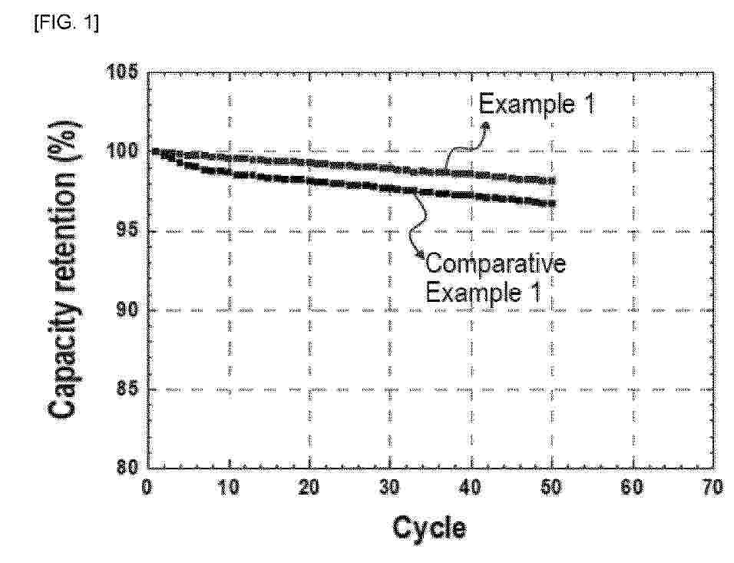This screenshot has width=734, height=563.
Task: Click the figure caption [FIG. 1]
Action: (x=66, y=22)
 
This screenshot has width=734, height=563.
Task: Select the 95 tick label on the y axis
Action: (x=128, y=230)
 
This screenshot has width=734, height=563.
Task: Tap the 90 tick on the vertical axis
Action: (x=128, y=310)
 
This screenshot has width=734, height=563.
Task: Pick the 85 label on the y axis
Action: (x=128, y=389)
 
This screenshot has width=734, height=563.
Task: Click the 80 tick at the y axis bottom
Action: (x=128, y=467)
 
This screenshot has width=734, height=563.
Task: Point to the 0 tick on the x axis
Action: (x=147, y=487)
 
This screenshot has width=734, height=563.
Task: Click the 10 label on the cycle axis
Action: (x=229, y=487)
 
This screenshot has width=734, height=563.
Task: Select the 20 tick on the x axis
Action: (x=309, y=487)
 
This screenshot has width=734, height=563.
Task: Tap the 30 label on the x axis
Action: (x=389, y=487)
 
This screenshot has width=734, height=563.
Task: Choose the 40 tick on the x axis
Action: (x=471, y=487)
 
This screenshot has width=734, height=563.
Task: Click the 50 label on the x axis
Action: (x=551, y=487)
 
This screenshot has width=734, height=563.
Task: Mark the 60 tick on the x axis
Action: (x=632, y=487)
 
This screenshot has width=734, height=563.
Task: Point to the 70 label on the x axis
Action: (x=713, y=487)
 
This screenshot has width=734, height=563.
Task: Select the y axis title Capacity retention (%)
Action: (x=64, y=270)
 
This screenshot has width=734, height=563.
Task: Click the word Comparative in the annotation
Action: (x=495, y=263)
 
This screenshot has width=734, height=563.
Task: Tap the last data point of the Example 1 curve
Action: (x=552, y=180)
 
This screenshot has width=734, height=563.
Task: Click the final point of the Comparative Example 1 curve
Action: (x=552, y=204)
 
